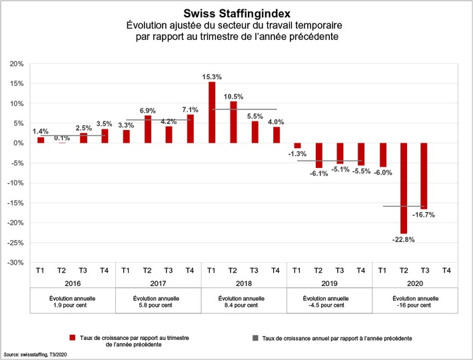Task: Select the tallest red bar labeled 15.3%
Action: (x=212, y=112)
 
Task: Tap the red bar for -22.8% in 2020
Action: (x=404, y=188)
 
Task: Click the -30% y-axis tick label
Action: (x=15, y=263)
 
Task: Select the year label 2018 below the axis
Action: (x=244, y=283)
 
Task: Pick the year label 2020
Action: (x=414, y=283)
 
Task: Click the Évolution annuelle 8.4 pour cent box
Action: (x=244, y=301)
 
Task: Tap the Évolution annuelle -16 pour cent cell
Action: (x=414, y=301)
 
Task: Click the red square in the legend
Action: (x=71, y=338)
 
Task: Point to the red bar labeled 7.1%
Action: (x=191, y=129)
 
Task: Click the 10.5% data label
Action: (x=233, y=96)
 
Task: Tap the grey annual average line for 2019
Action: (x=329, y=161)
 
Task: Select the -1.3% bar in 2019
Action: (x=297, y=146)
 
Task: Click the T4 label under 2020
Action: (x=446, y=270)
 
